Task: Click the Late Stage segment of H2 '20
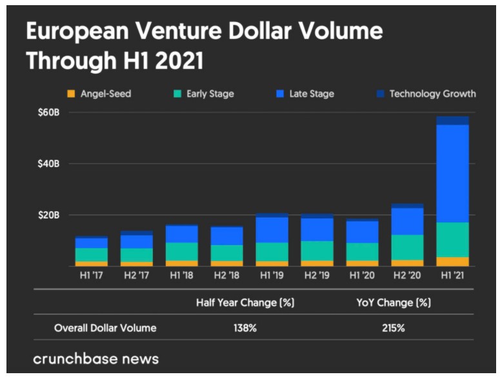coord(407,221)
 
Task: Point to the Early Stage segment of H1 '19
coord(272,252)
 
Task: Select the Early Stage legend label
coord(210,94)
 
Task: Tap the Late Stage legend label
coord(312,94)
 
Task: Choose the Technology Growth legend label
coord(432,94)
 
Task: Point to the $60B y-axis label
coord(48,113)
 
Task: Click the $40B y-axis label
coord(48,164)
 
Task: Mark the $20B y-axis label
coord(48,215)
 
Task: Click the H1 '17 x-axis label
coord(91,276)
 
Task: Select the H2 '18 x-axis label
coord(226,276)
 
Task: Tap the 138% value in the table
coord(245,328)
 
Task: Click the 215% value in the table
coord(393,328)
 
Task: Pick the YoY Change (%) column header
coord(392,302)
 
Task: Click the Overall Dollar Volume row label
coord(105,328)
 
